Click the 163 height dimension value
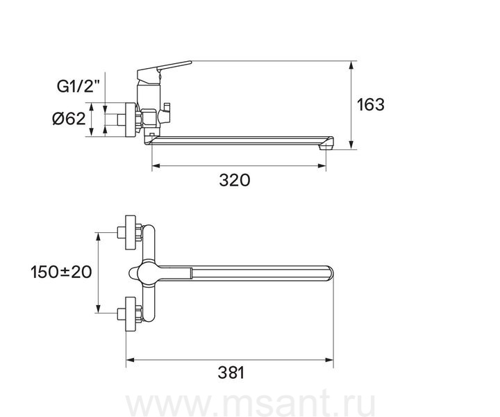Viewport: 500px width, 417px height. [x=371, y=105]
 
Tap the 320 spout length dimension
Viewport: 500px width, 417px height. [x=235, y=180]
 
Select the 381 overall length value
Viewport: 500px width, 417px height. [x=231, y=373]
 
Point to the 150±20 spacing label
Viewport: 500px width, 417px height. [x=61, y=272]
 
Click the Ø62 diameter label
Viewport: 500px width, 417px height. [x=69, y=119]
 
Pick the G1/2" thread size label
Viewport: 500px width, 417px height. [x=78, y=86]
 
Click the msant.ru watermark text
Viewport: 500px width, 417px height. [x=250, y=404]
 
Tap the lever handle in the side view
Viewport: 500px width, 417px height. [x=164, y=70]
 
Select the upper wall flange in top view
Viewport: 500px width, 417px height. [x=131, y=233]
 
